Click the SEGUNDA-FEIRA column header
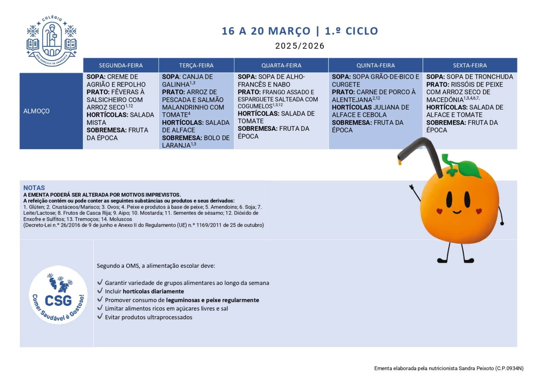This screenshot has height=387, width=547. click(x=121, y=65)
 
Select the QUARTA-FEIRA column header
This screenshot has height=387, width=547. click(x=281, y=65)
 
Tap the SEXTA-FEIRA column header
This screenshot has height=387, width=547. click(x=470, y=65)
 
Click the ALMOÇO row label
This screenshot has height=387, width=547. click(x=37, y=111)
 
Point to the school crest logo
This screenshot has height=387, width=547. click(x=52, y=40)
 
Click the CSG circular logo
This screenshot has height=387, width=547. click(x=58, y=295)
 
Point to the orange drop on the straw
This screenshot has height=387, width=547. click(x=400, y=162)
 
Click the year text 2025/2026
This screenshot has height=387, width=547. click(x=299, y=46)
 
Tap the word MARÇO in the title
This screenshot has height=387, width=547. click(x=289, y=31)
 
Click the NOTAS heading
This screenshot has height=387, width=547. click(x=34, y=188)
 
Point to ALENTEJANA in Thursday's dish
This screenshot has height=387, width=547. click(x=352, y=100)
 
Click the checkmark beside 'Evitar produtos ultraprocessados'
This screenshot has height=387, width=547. click(x=100, y=316)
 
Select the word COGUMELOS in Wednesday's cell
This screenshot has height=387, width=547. click(x=255, y=106)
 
